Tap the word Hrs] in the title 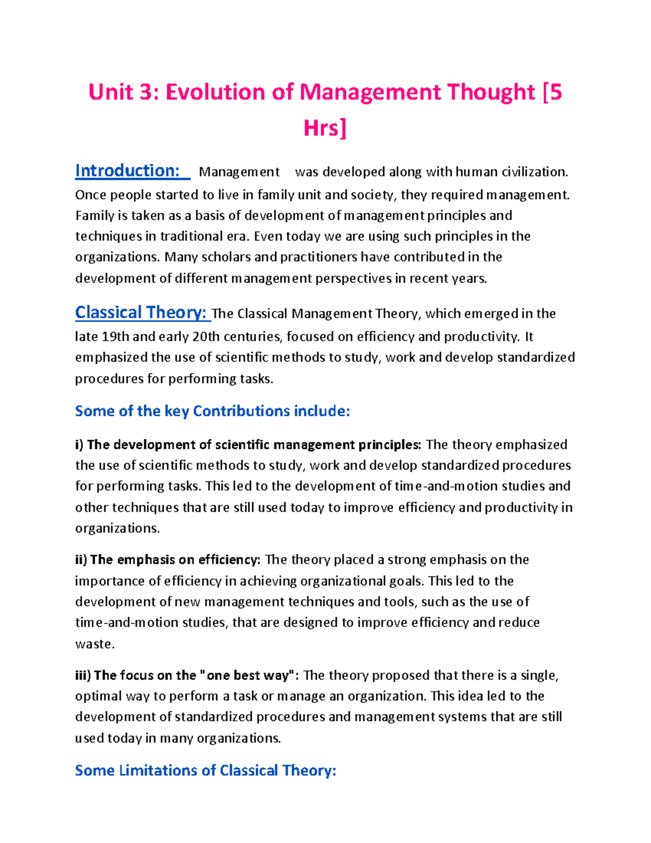pyautogui.click(x=324, y=129)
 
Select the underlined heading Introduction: pyautogui.click(x=127, y=171)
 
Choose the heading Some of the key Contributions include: pyautogui.click(x=212, y=411)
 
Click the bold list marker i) pyautogui.click(x=79, y=445)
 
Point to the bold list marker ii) pyautogui.click(x=81, y=560)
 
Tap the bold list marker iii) pyautogui.click(x=82, y=675)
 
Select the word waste pyautogui.click(x=94, y=644)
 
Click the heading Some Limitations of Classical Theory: pyautogui.click(x=206, y=770)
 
